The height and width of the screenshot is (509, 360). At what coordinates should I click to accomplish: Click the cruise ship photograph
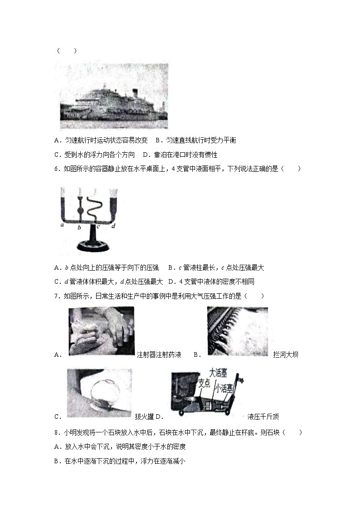[x=114, y=96]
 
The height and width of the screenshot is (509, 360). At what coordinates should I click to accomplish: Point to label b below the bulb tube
[x=79, y=227]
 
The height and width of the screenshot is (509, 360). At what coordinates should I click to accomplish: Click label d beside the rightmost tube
[x=113, y=225]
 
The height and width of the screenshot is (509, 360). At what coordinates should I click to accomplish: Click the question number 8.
[x=56, y=432]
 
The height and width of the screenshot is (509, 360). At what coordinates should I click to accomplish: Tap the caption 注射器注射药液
[x=159, y=355]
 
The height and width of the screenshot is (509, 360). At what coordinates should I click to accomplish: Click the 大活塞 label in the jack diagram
[x=218, y=372]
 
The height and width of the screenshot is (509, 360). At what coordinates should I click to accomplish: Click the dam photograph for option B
[x=237, y=331]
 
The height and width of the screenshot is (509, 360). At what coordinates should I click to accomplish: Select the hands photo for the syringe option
[x=101, y=331]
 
